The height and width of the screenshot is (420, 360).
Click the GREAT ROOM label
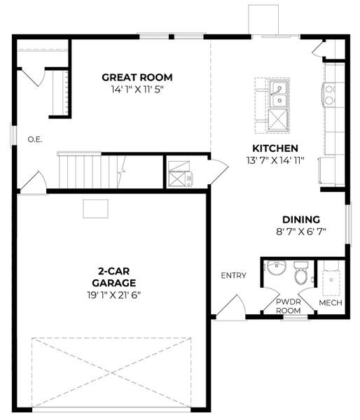137,77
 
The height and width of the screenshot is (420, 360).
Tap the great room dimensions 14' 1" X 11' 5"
137,90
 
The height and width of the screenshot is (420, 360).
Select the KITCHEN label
275,148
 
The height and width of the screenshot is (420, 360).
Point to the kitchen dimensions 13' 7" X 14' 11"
275,161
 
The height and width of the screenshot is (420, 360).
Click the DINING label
301,219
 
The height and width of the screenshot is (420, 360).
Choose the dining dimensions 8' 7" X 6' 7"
301,232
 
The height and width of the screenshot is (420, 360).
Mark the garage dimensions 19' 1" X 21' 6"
111,295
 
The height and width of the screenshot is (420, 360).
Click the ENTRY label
233,275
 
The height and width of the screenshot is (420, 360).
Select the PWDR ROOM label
288,306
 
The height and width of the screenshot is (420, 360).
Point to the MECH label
330,302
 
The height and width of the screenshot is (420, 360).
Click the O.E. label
35,139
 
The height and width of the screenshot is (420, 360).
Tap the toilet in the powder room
302,274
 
